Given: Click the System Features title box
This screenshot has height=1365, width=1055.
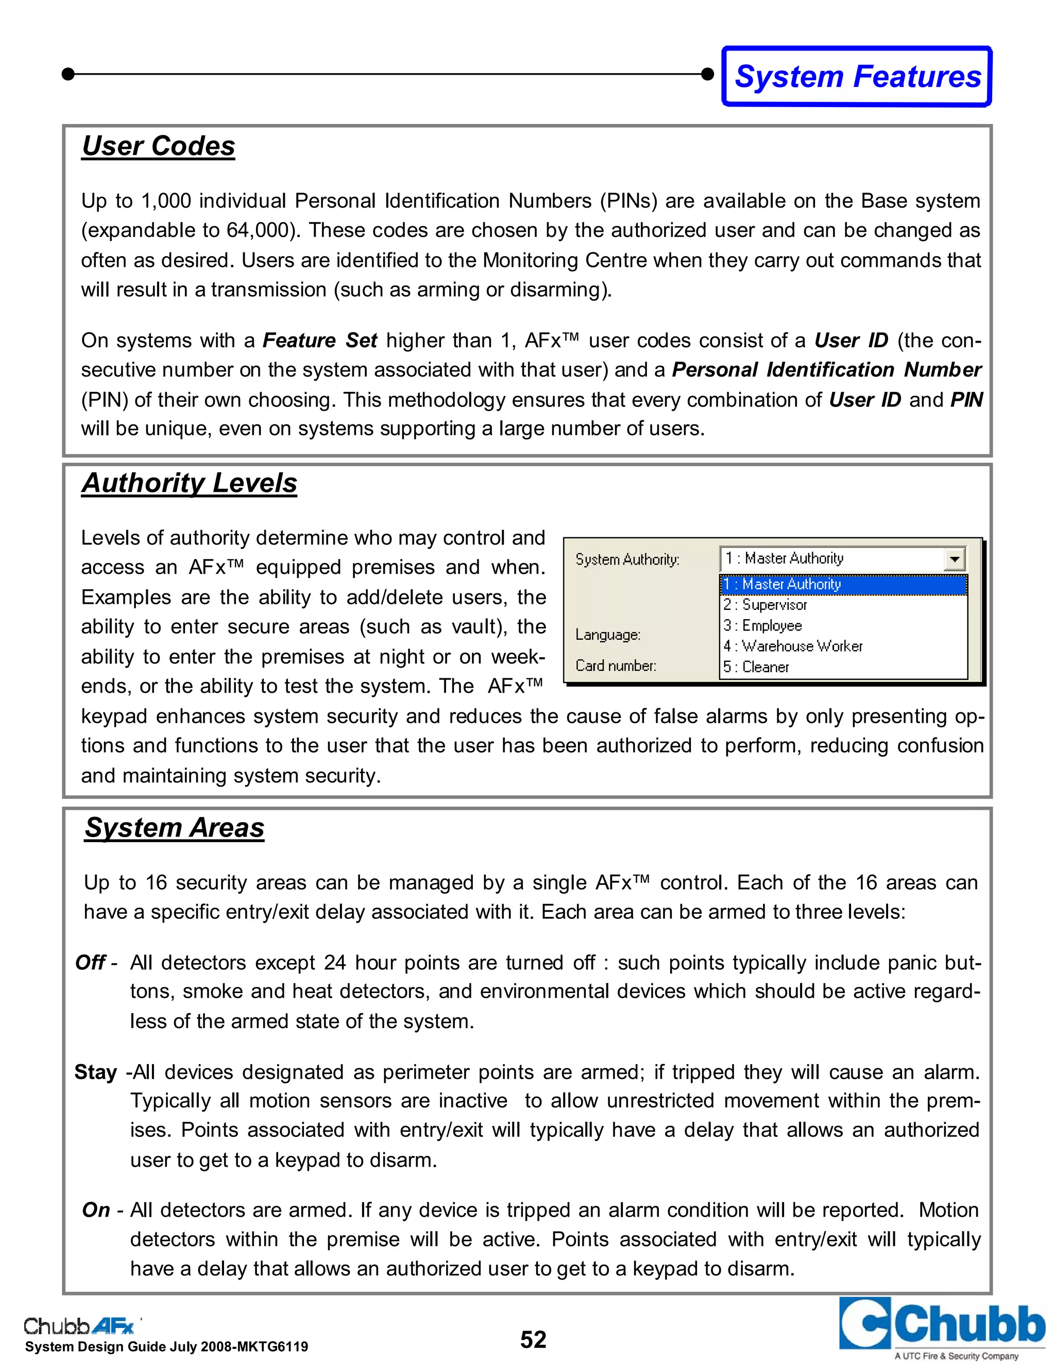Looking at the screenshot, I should [x=857, y=76].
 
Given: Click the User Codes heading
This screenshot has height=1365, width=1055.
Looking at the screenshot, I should [x=158, y=146].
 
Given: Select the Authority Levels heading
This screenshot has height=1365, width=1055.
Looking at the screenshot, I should [x=190, y=483].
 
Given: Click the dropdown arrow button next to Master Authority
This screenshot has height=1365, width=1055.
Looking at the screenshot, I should [x=954, y=559].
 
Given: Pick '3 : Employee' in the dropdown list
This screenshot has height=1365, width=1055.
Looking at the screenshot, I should [x=762, y=626].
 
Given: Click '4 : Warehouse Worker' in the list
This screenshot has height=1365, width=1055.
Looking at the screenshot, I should [x=792, y=646].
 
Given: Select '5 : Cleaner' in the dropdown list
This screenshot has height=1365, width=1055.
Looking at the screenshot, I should [x=756, y=667].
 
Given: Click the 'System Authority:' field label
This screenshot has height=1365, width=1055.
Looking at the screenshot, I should [x=627, y=559].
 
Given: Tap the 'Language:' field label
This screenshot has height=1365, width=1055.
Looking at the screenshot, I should [x=607, y=635].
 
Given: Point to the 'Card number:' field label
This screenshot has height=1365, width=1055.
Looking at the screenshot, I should [x=616, y=666].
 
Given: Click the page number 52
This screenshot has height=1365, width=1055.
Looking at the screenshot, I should [x=533, y=1339].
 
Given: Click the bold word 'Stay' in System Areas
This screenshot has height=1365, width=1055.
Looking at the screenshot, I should [x=96, y=1072].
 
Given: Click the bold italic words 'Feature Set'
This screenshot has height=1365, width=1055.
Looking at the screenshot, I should [x=319, y=340].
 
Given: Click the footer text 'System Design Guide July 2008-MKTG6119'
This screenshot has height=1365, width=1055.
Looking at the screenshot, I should [x=166, y=1347].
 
